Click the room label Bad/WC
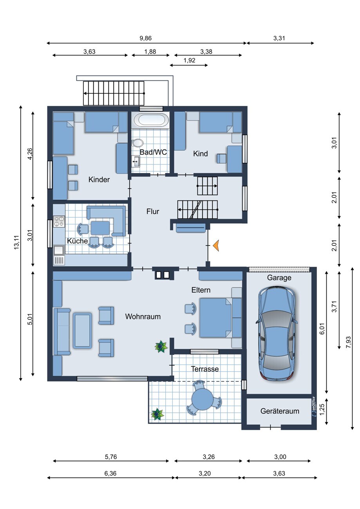point(153,152)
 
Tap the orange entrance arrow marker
point(216,245)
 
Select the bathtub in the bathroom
point(151,119)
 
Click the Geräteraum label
point(280,411)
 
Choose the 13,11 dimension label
point(16,243)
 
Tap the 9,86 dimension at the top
point(145,38)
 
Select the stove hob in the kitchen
point(59,222)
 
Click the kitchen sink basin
point(58,250)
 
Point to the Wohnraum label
point(143,316)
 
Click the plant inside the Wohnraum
point(161,347)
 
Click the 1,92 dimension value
point(189,60)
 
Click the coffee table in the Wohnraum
point(83,330)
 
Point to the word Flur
point(153,211)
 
